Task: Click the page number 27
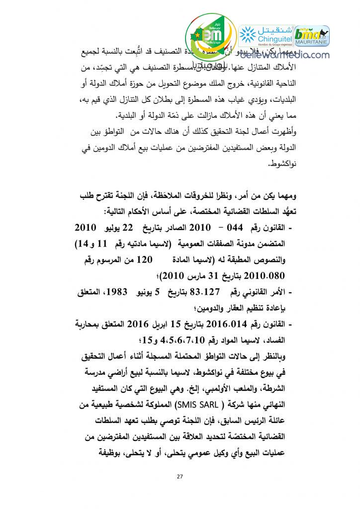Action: pos(180,477)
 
